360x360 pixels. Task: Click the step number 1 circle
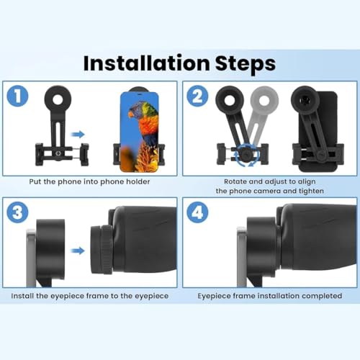tap(17, 96)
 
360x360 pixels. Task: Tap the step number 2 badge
tap(197, 96)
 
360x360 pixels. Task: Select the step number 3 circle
tap(17, 212)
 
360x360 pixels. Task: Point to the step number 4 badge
tap(197, 212)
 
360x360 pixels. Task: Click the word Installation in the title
tap(146, 63)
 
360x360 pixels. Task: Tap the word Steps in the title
tap(246, 64)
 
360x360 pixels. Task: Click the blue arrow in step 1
tap(78, 135)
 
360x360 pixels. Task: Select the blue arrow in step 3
tap(78, 251)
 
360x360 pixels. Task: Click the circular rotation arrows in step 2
tap(247, 155)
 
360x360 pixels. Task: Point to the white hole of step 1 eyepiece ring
tap(58, 99)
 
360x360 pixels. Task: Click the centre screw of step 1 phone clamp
tap(58, 153)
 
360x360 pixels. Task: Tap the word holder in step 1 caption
tap(138, 181)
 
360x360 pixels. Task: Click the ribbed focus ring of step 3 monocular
tap(106, 249)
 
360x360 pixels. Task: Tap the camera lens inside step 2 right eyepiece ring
tap(305, 99)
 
